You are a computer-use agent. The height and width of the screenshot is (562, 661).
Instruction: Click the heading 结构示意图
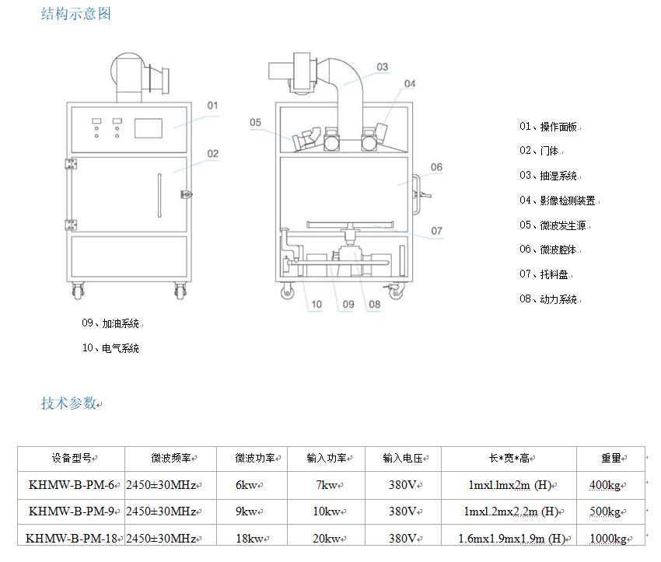(76, 14)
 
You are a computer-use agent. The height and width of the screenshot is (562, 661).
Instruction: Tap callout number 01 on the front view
(212, 105)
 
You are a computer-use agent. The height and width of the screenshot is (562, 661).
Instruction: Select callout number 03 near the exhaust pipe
(382, 68)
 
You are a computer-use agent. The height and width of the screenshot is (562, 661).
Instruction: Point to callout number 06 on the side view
(436, 167)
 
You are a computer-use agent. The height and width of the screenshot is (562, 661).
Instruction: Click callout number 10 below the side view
(317, 305)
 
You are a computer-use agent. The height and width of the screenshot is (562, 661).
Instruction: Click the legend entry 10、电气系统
(110, 348)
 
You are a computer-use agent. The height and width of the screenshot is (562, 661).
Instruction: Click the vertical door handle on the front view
(159, 197)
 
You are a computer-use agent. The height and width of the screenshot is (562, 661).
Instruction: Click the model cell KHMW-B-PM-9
(72, 511)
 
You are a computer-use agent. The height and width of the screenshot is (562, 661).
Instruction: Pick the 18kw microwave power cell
(249, 538)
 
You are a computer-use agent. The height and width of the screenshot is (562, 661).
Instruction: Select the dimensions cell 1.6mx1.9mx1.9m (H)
(510, 538)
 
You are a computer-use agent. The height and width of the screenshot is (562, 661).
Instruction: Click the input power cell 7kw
(327, 485)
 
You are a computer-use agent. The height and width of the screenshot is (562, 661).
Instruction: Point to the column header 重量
(610, 459)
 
